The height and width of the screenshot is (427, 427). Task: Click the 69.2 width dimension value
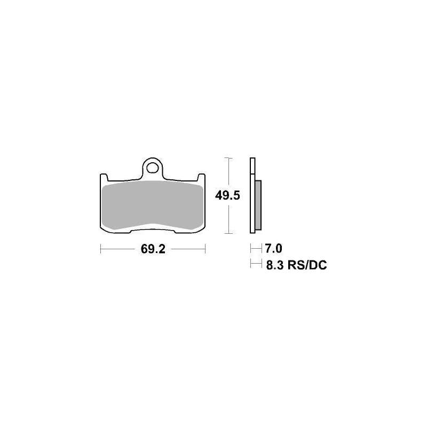[153, 249]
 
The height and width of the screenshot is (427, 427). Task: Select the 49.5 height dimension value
[227, 195]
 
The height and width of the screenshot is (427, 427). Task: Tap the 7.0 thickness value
[273, 248]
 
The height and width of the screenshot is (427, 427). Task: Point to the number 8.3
[275, 265]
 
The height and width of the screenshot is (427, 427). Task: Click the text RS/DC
[307, 265]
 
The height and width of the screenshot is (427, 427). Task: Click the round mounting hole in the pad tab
[152, 168]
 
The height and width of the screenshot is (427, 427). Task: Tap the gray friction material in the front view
[153, 205]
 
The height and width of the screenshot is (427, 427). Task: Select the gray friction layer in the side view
[258, 204]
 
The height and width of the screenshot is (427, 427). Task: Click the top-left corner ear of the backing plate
[104, 177]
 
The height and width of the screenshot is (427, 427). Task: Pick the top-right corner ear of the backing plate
[201, 177]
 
